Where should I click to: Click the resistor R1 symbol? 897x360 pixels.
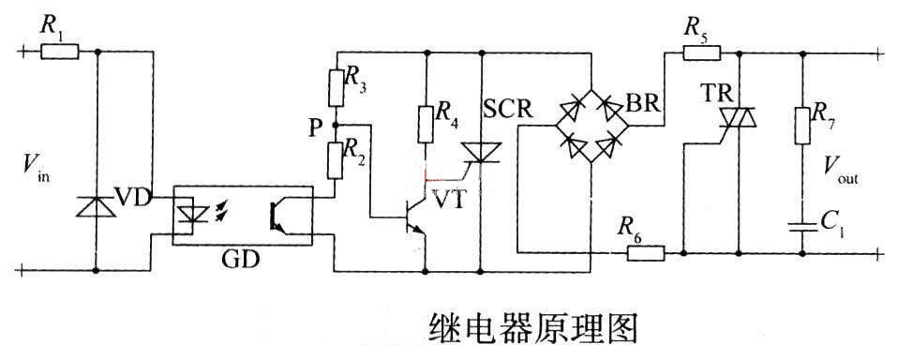[60, 52]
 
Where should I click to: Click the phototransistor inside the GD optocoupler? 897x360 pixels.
[277, 215]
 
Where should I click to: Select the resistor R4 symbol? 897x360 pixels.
[426, 122]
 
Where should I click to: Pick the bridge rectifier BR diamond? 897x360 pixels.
[591, 127]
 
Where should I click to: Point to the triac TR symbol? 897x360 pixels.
[738, 116]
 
